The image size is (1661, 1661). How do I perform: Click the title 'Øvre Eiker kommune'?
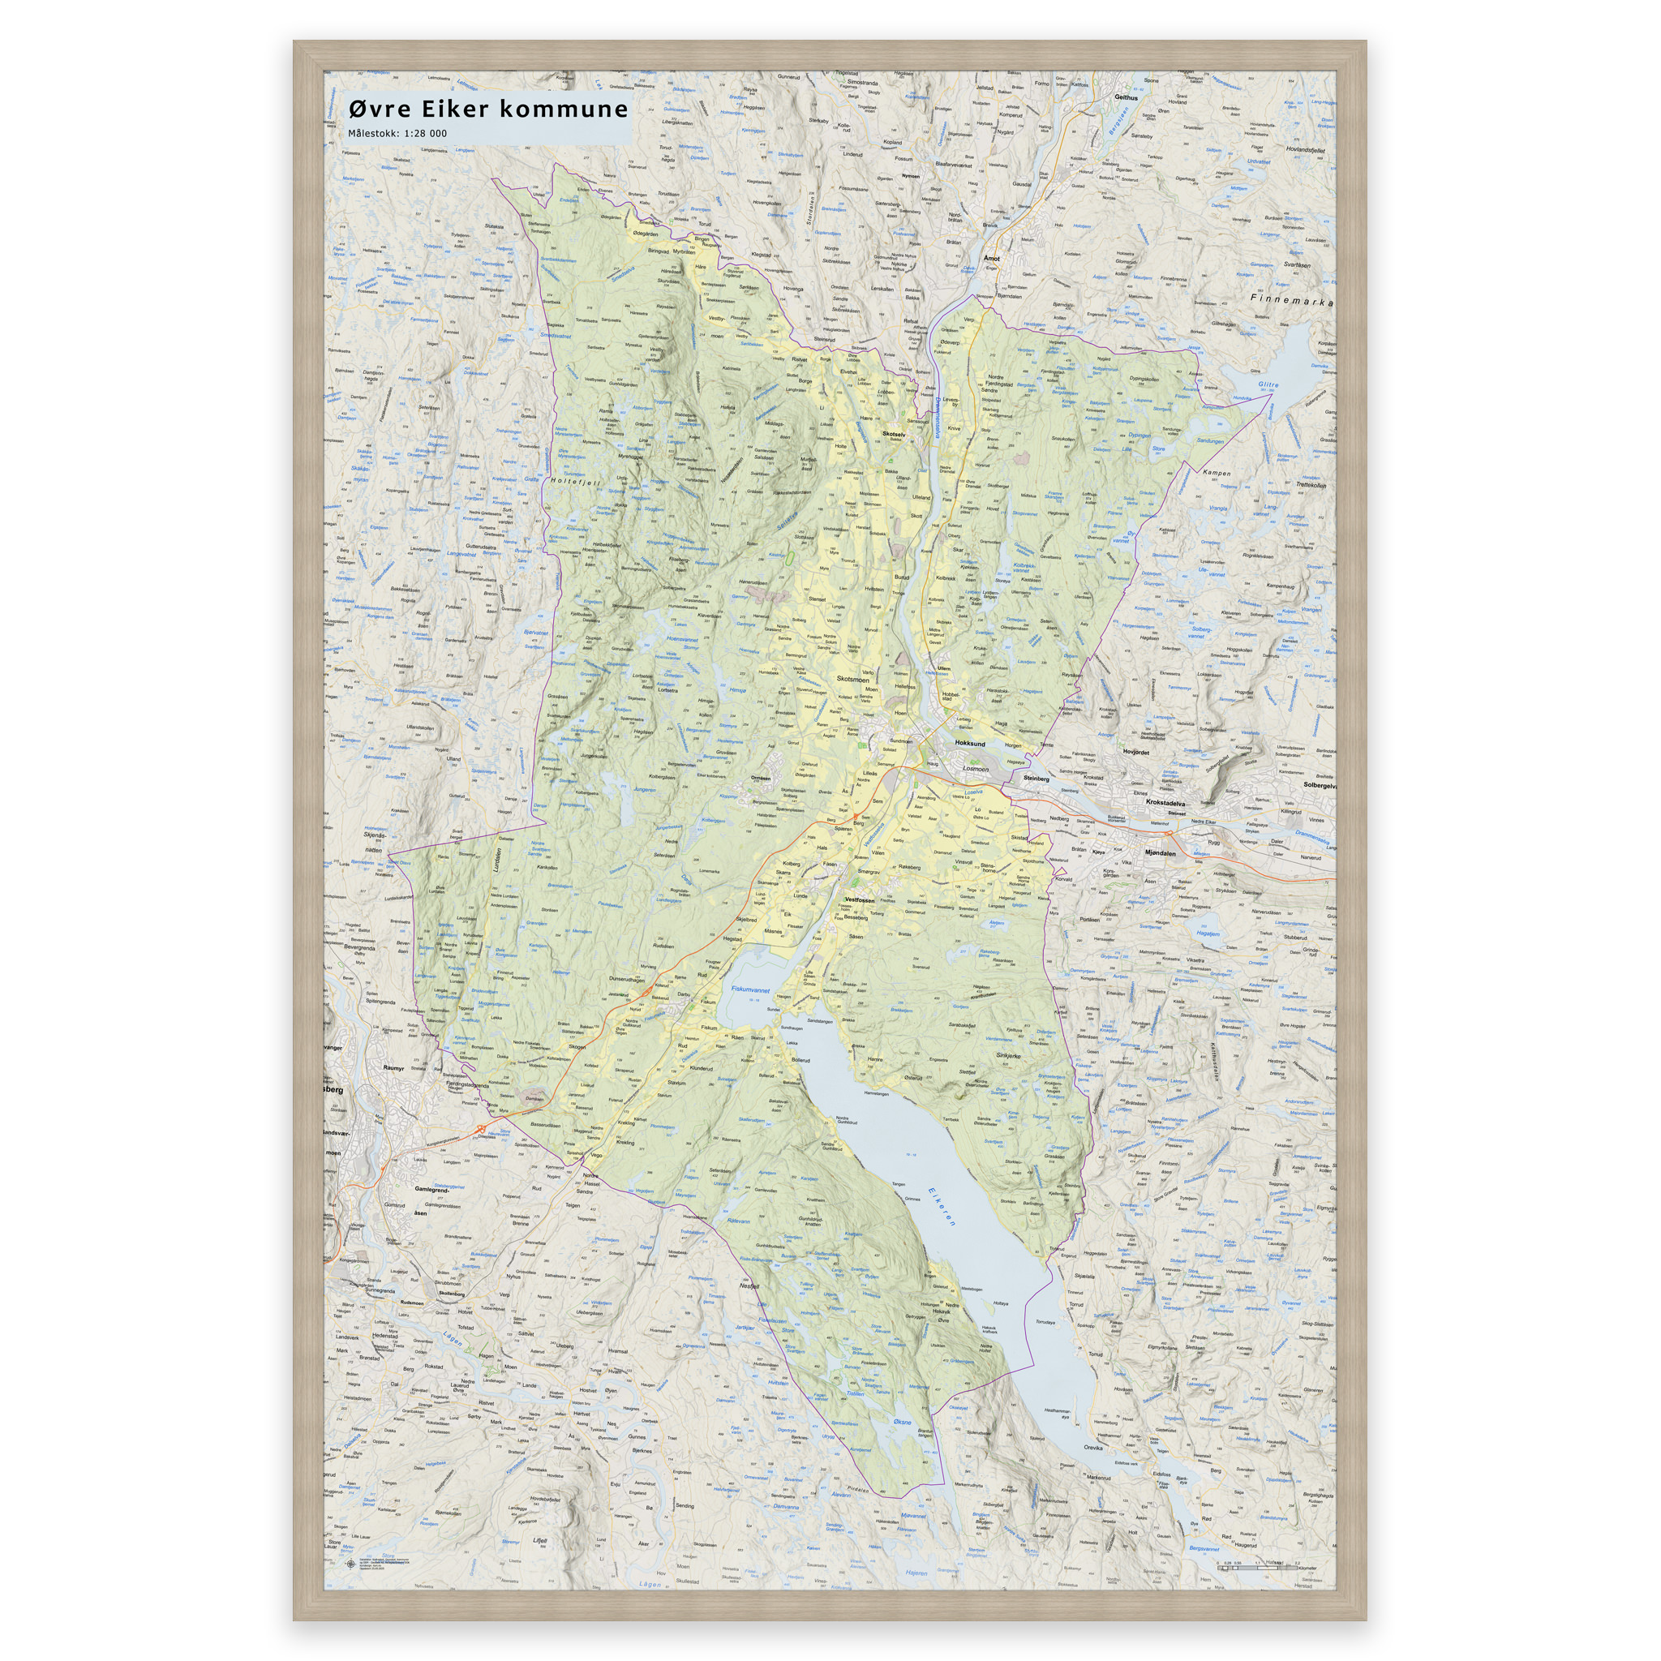click(x=488, y=109)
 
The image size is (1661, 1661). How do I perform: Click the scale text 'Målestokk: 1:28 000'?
click(x=397, y=133)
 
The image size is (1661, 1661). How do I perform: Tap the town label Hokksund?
click(x=970, y=744)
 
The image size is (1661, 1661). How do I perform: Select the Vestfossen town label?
click(x=860, y=899)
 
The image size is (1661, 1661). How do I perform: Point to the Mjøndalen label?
click(x=1160, y=853)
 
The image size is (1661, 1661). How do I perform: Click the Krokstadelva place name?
click(x=1165, y=802)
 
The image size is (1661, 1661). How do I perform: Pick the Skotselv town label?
click(x=893, y=434)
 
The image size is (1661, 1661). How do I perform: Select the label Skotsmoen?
click(x=853, y=679)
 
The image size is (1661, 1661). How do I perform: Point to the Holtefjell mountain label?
click(x=575, y=483)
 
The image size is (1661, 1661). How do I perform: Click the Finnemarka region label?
click(x=1290, y=302)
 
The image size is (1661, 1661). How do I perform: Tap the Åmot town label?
click(x=991, y=258)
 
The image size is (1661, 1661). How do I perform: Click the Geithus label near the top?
click(x=1126, y=97)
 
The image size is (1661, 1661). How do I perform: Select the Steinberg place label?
click(x=1036, y=778)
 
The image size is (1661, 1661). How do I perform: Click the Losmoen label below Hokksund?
click(x=976, y=769)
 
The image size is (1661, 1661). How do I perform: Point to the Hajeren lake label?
click(x=916, y=1573)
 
